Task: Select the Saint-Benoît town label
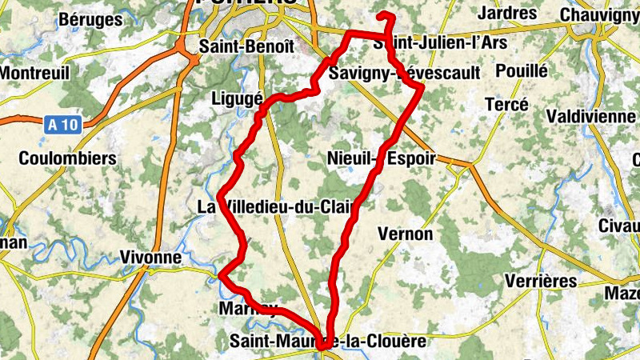(235, 46)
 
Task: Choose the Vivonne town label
(150, 257)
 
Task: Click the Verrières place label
(542, 281)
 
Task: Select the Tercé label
(507, 104)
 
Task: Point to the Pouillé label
(522, 70)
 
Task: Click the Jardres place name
(506, 14)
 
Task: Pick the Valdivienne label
(591, 116)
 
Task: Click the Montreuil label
(35, 72)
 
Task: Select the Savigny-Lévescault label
(405, 73)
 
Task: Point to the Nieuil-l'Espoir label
(382, 158)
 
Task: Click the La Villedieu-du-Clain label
(275, 207)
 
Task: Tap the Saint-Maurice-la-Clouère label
(328, 342)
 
